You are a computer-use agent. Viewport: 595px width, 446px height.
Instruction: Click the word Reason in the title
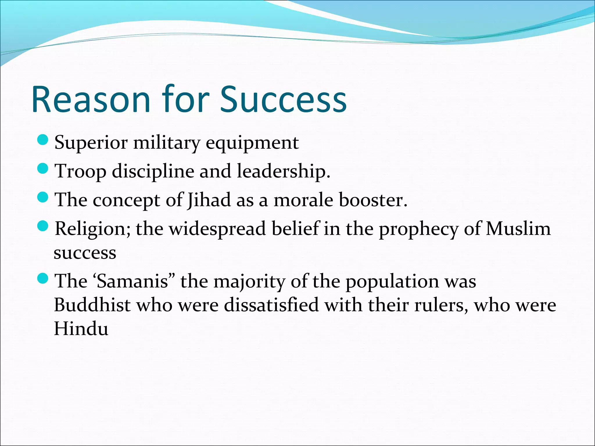tap(91, 99)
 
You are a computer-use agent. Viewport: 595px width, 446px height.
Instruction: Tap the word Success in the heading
tap(283, 99)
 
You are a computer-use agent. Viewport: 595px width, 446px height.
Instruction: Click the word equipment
tap(252, 143)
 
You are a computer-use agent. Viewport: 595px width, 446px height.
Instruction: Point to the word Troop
tap(81, 171)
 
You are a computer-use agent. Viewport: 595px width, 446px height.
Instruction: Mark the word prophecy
tap(418, 229)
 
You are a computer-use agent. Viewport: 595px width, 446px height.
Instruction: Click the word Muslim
tap(518, 229)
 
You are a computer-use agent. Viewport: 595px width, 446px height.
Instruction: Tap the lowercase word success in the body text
tap(85, 253)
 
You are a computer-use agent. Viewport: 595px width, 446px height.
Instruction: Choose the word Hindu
tap(81, 329)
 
